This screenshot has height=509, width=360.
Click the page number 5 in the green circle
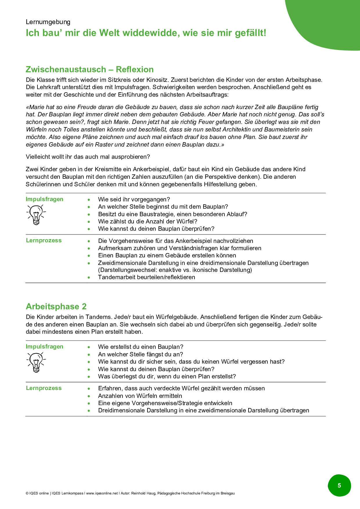pos(339,485)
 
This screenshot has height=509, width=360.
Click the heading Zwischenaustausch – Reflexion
pos(90,69)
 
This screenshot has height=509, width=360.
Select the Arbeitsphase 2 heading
pos(56,306)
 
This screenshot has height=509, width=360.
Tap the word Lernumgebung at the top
pos(48,22)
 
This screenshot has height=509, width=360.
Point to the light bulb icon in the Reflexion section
pos(36,214)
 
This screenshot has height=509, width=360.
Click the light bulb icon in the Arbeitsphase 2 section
pos(36,362)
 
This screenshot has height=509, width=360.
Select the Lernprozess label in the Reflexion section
pos(44,240)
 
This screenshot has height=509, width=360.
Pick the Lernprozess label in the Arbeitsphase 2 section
pos(44,388)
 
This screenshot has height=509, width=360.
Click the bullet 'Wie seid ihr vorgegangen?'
pos(134,199)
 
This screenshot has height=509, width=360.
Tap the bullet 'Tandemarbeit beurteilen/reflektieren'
pos(146,277)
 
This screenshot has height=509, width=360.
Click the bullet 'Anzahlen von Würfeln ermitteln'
pos(140,396)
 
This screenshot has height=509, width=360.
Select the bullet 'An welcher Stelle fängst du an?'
pos(141,354)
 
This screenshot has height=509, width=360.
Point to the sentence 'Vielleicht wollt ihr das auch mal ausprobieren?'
pos(88,157)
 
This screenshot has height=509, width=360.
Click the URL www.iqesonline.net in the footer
pos(102,493)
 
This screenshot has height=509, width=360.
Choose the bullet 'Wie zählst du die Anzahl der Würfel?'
pos(147,221)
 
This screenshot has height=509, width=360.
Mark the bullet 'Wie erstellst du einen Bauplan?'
pos(141,347)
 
